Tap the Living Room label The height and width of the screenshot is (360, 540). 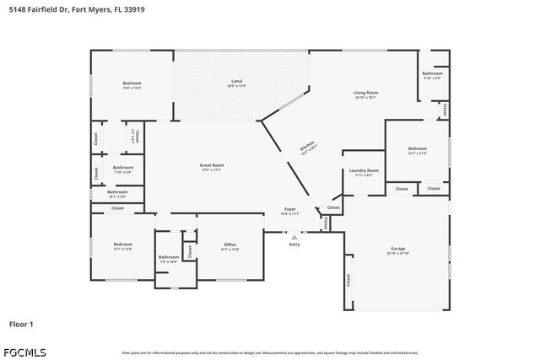click(365, 93)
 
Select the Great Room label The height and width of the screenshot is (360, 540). click(211, 165)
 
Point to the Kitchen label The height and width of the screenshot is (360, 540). click(308, 147)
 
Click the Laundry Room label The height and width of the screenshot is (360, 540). click(364, 171)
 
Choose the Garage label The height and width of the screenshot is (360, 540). click(397, 249)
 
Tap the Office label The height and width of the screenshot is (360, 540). click(229, 245)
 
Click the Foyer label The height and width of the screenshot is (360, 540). click(289, 208)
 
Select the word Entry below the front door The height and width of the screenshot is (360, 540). click(294, 244)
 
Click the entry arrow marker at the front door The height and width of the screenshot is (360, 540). click(294, 237)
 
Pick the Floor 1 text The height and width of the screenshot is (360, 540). click(22, 323)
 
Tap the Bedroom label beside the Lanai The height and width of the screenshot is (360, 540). click(132, 83)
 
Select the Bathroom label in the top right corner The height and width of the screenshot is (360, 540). click(432, 73)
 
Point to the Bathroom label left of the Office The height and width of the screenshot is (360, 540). click(168, 257)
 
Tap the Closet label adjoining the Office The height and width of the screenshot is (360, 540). click(190, 250)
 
